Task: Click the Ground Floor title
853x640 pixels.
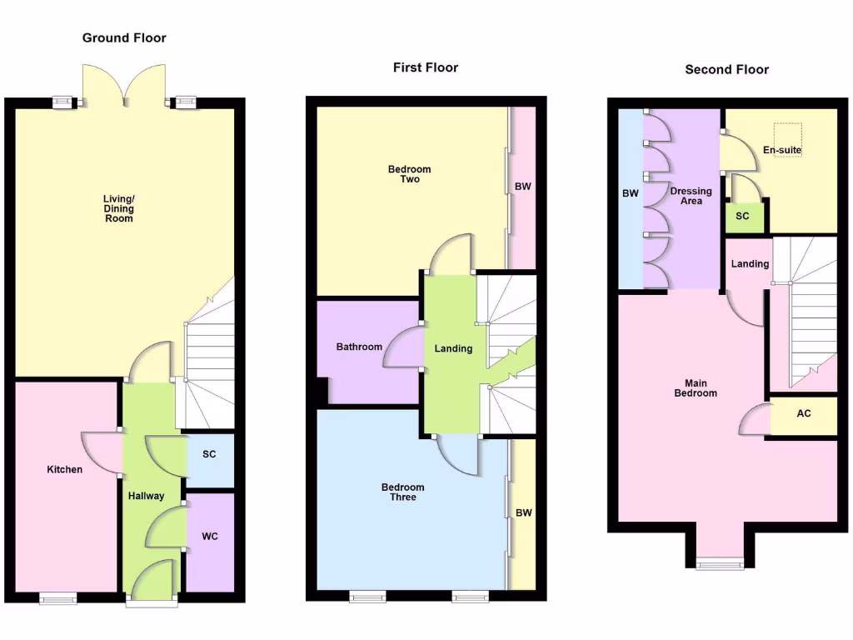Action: coord(124,38)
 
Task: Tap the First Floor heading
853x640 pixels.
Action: coord(425,67)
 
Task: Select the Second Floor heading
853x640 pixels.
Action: coord(726,69)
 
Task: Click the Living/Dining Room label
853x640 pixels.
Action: coord(118,208)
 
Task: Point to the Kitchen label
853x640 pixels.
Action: coord(64,470)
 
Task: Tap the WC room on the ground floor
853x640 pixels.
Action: coord(210,537)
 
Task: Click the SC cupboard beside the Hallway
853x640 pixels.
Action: coord(209,455)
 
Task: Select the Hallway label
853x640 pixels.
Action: coord(146,497)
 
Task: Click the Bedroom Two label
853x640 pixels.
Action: coord(410,174)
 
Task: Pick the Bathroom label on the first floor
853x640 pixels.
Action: coord(359,347)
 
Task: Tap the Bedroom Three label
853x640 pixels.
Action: coord(403,492)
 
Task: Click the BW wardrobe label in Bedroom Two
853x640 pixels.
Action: coord(522,187)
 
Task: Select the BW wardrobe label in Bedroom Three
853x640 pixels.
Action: coord(523,513)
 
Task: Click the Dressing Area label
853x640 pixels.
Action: coord(691,196)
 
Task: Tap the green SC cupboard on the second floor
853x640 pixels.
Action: coord(743,217)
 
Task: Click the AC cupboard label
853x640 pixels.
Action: coord(804,414)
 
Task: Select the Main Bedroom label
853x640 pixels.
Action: coord(695,388)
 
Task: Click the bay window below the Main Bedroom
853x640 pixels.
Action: coord(721,563)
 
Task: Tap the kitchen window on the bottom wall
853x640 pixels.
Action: coord(58,597)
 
